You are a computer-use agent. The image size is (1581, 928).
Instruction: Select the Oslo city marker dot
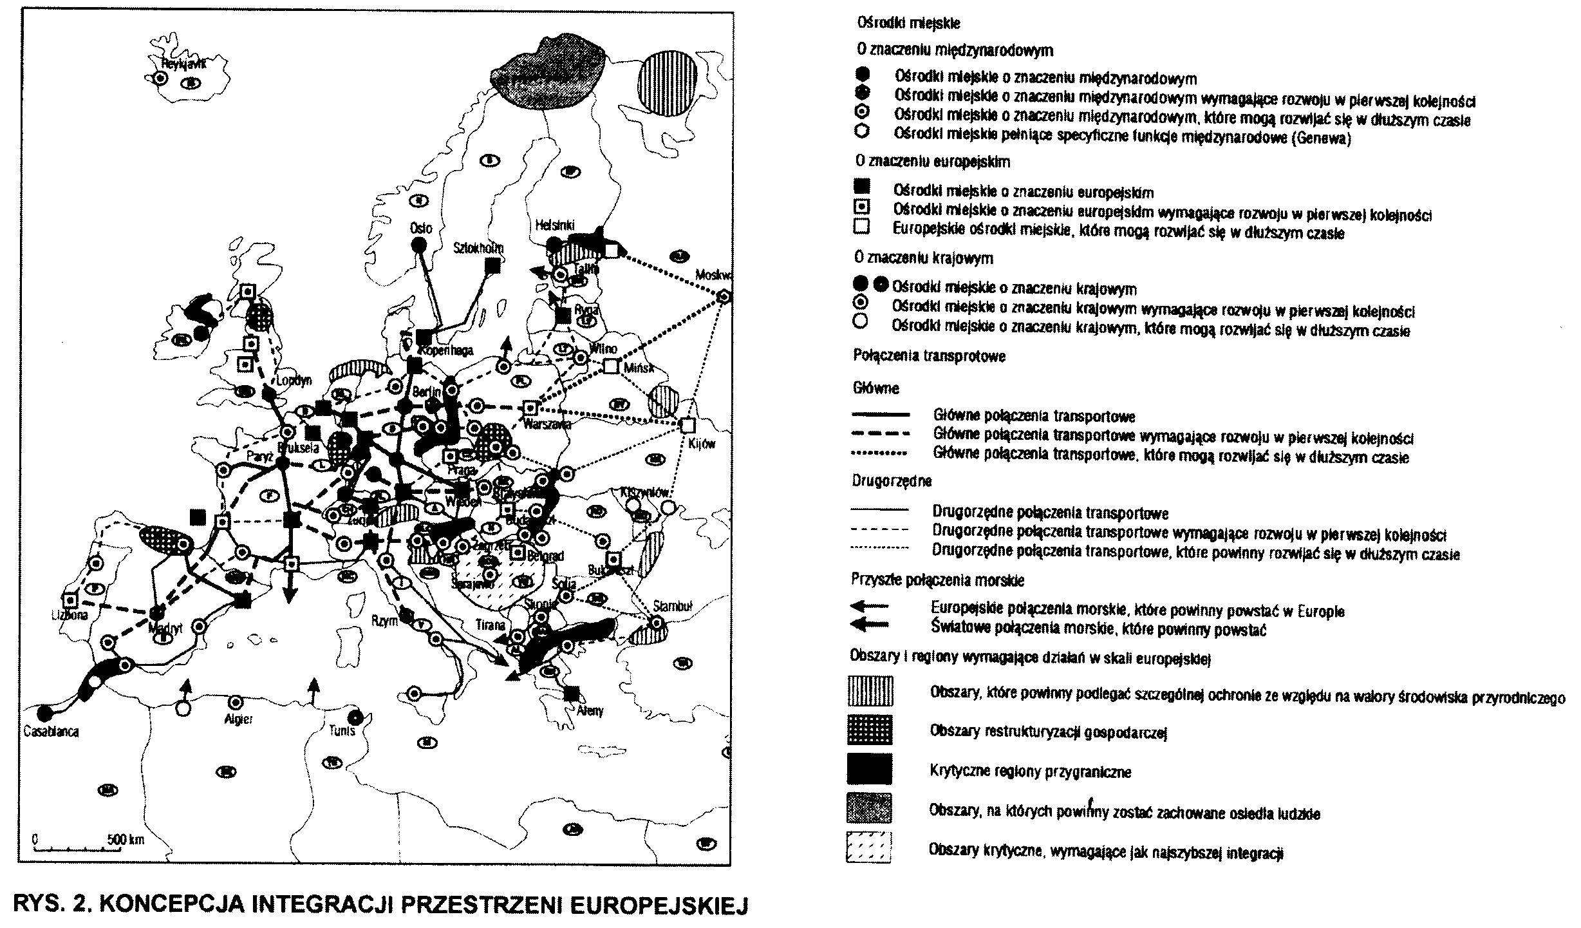point(418,245)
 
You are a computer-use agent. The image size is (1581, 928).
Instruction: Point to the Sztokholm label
point(478,248)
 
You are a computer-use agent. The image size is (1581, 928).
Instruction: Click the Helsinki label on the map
point(554,225)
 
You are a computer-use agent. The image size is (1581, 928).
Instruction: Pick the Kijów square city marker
point(688,426)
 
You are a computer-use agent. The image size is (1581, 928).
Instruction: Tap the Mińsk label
point(639,368)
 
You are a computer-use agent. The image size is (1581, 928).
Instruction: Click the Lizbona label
point(70,615)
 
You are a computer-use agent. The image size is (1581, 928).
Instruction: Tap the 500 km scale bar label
point(126,840)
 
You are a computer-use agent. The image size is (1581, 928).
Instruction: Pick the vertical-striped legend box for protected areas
point(868,692)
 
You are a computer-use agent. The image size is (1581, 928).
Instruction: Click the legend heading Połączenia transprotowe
point(929,356)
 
